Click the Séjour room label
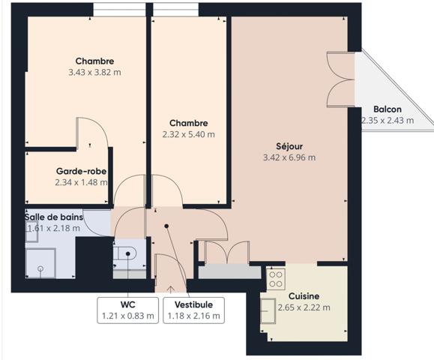289,145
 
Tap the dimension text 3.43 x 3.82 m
94,73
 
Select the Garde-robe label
80,171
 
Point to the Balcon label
388,109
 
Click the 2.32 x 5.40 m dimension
188,135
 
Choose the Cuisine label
304,295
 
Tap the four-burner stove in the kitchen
275,279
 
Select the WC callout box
127,310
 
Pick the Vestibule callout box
193,310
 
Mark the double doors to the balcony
342,79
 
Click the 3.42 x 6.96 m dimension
289,157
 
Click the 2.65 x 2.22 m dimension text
304,307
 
